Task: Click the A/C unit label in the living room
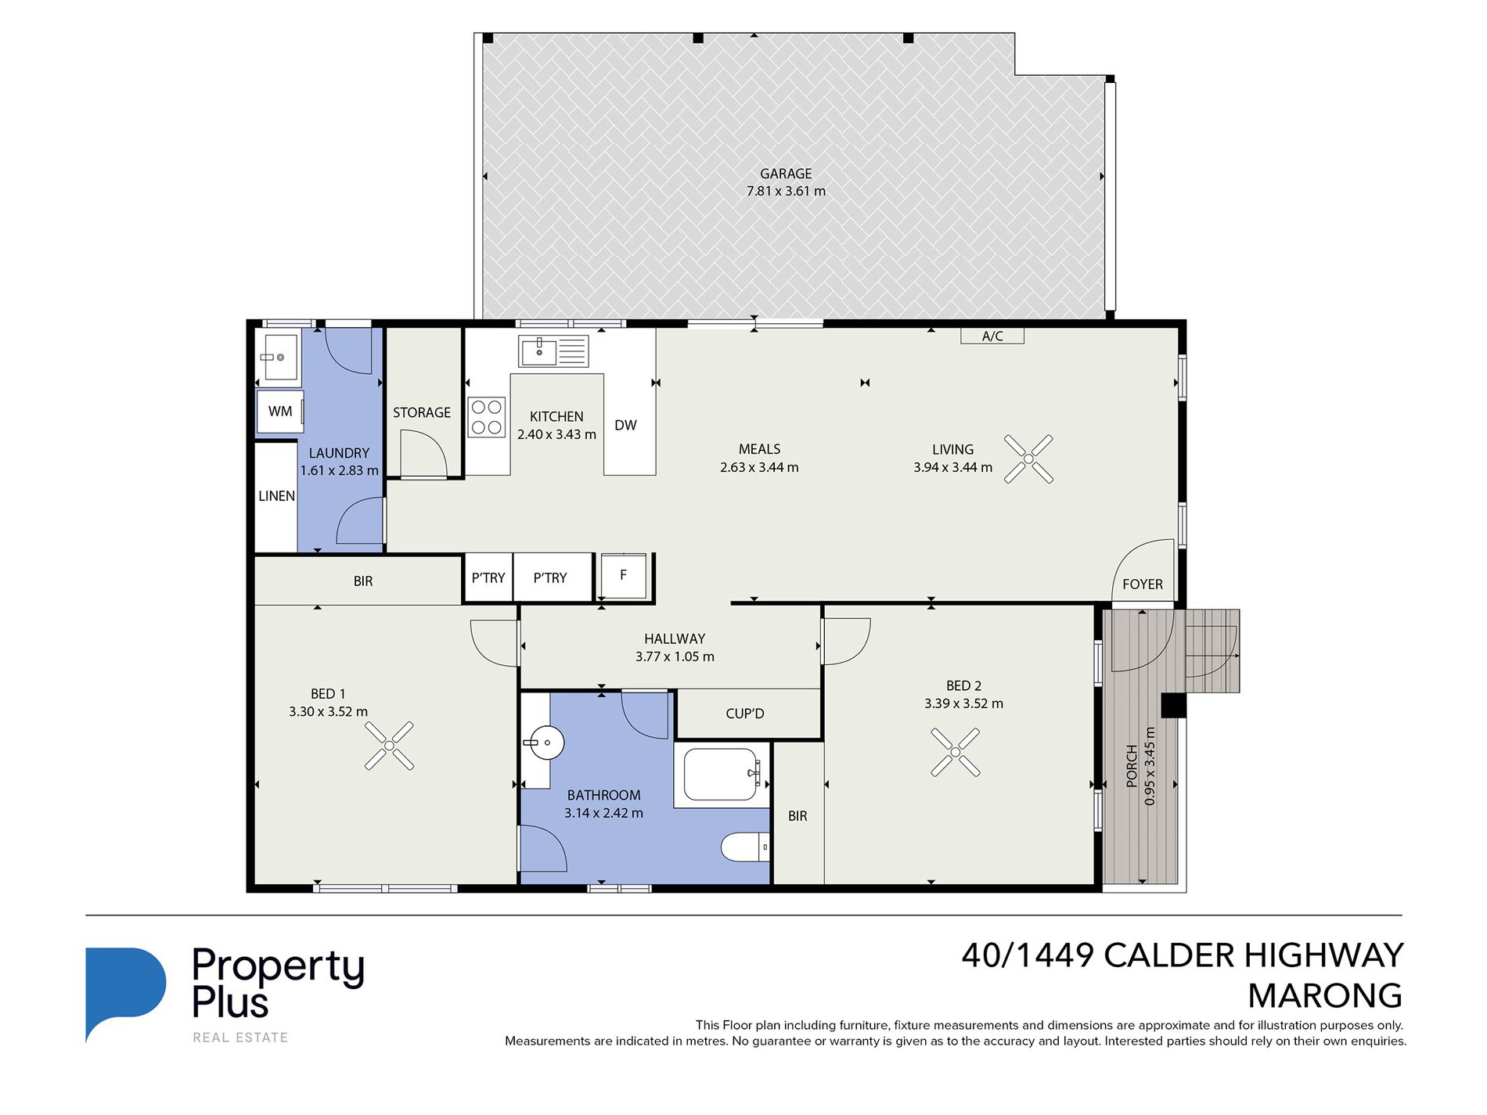992,336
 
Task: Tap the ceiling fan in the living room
1028,459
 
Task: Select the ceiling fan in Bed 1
389,746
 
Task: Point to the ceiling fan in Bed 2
956,752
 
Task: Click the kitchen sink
553,351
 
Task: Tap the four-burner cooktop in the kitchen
486,417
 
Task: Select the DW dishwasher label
625,426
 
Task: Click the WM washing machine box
279,412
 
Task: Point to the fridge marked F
624,576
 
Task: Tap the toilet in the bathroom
744,847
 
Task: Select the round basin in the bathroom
545,743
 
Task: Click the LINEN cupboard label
276,496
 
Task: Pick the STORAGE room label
422,412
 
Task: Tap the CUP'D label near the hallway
745,714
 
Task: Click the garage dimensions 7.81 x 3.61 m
786,191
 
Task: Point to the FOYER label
1143,584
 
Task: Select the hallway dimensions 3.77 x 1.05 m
675,656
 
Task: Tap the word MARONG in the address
1325,996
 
